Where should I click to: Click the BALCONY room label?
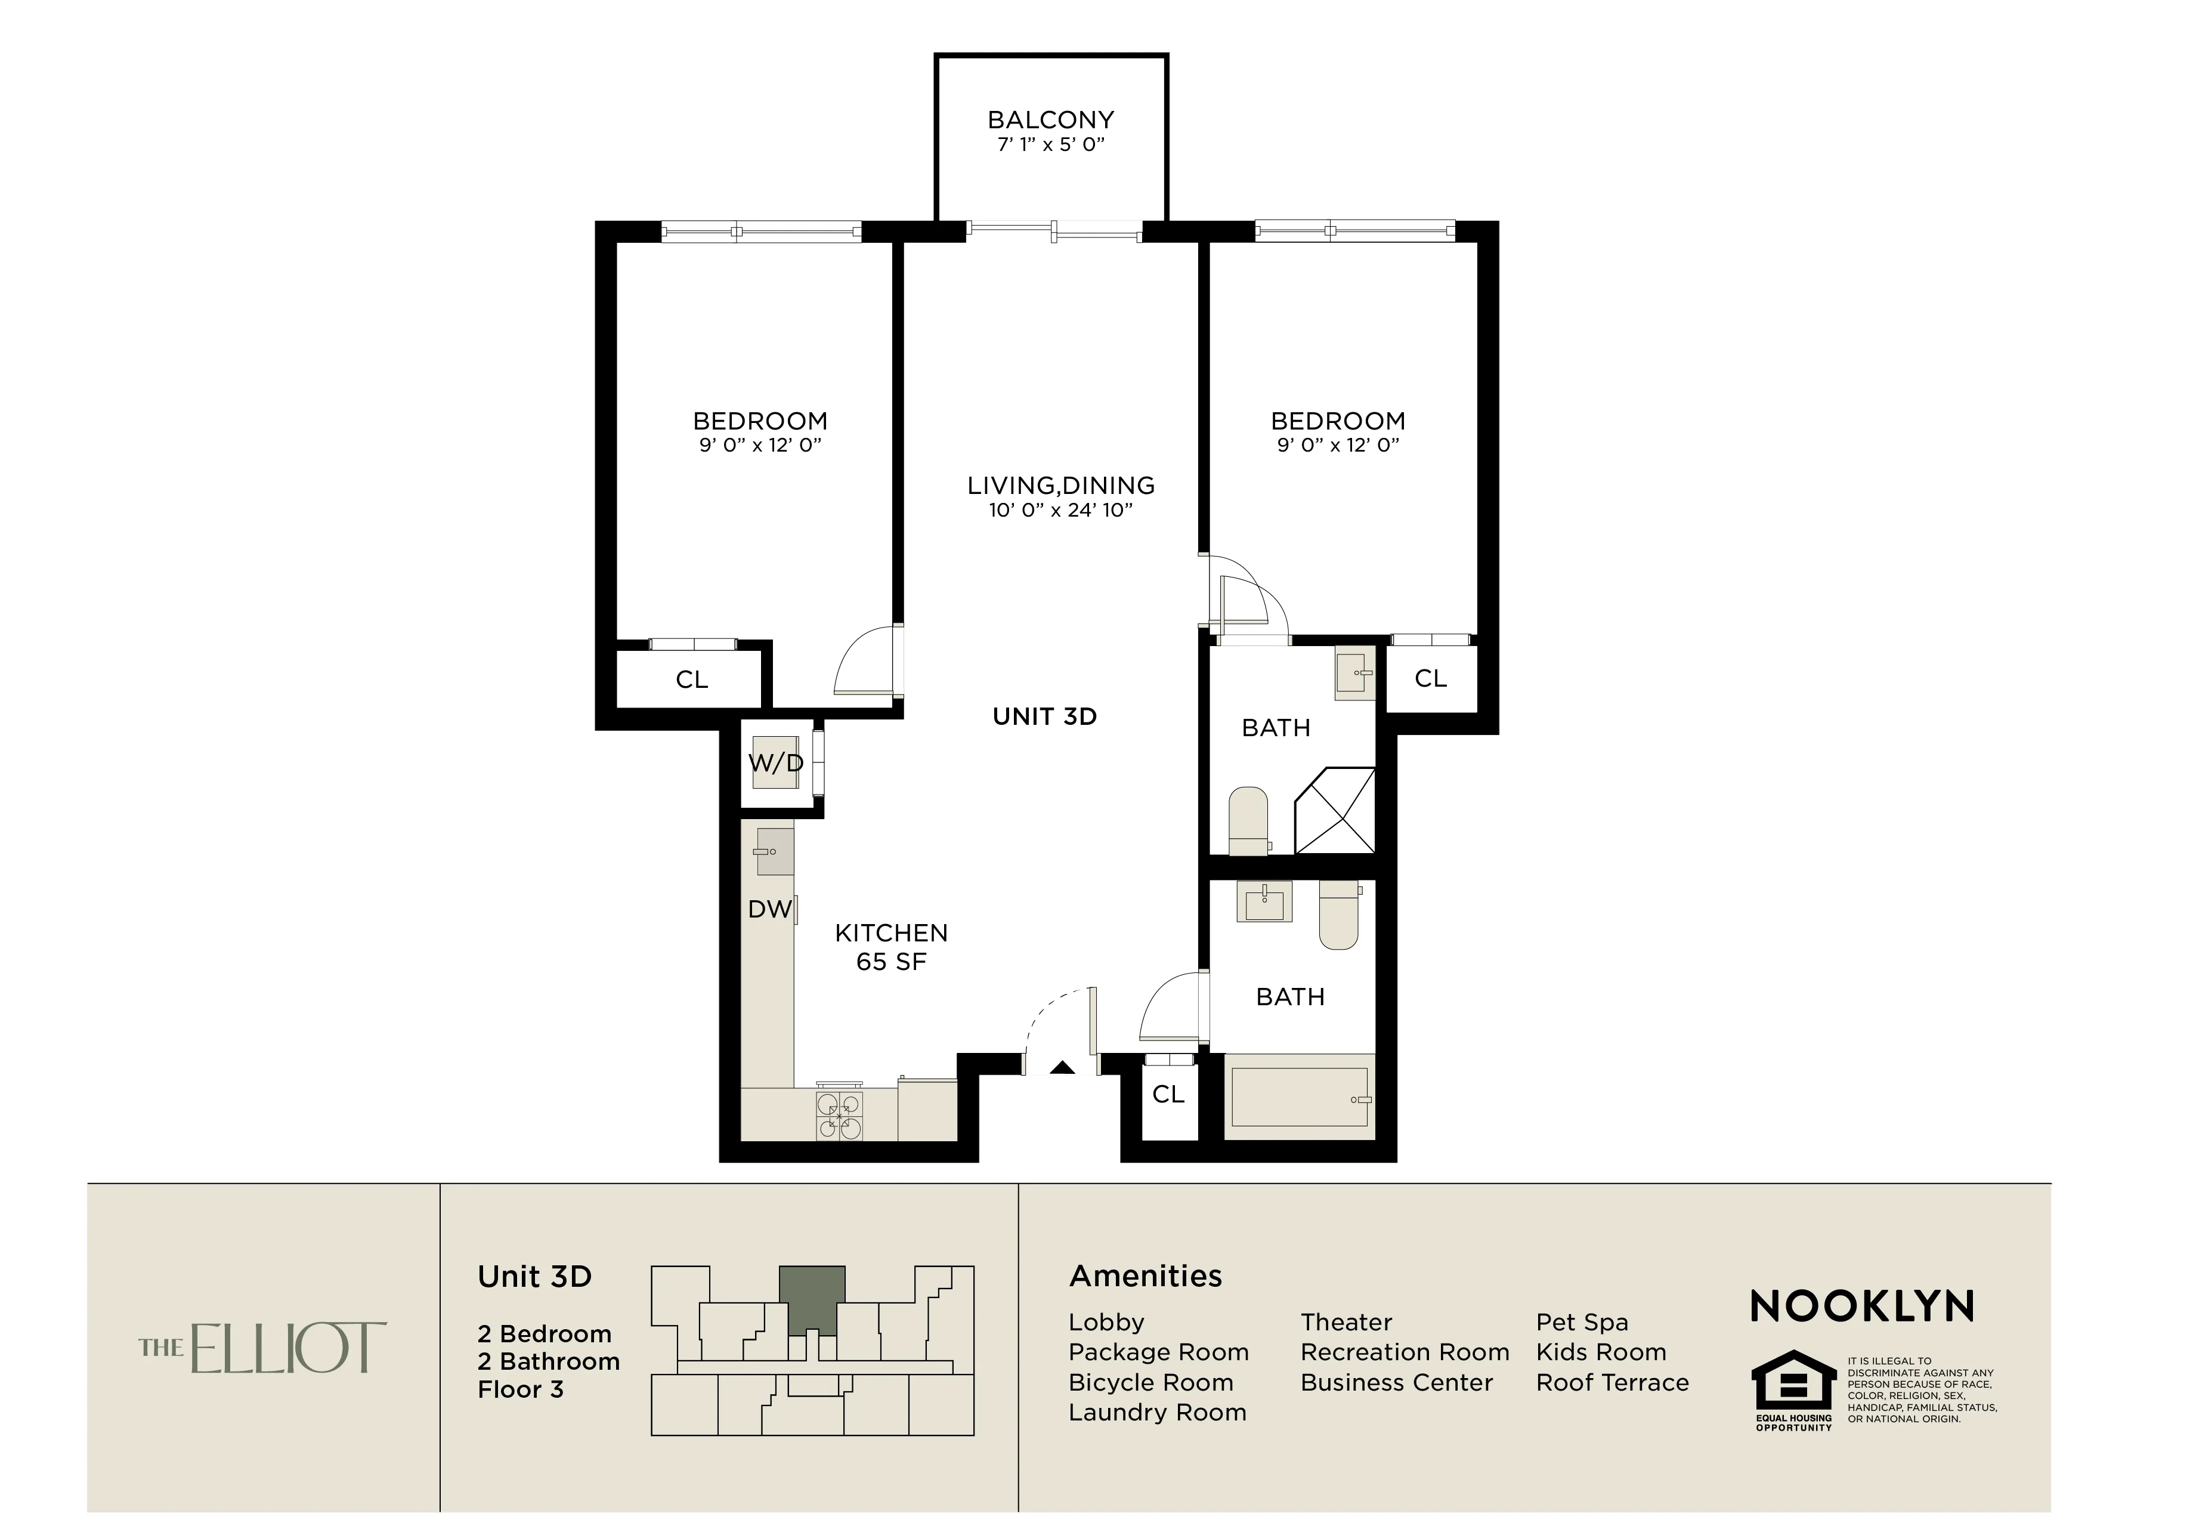1051,121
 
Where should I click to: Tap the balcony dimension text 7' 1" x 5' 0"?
1051,145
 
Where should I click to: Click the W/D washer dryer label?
775,763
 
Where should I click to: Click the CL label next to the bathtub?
1168,1095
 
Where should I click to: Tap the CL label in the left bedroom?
691,680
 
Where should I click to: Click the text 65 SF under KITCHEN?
891,962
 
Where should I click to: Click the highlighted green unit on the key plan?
812,1297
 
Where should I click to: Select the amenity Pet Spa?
1582,1323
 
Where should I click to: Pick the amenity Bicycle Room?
1150,1383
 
